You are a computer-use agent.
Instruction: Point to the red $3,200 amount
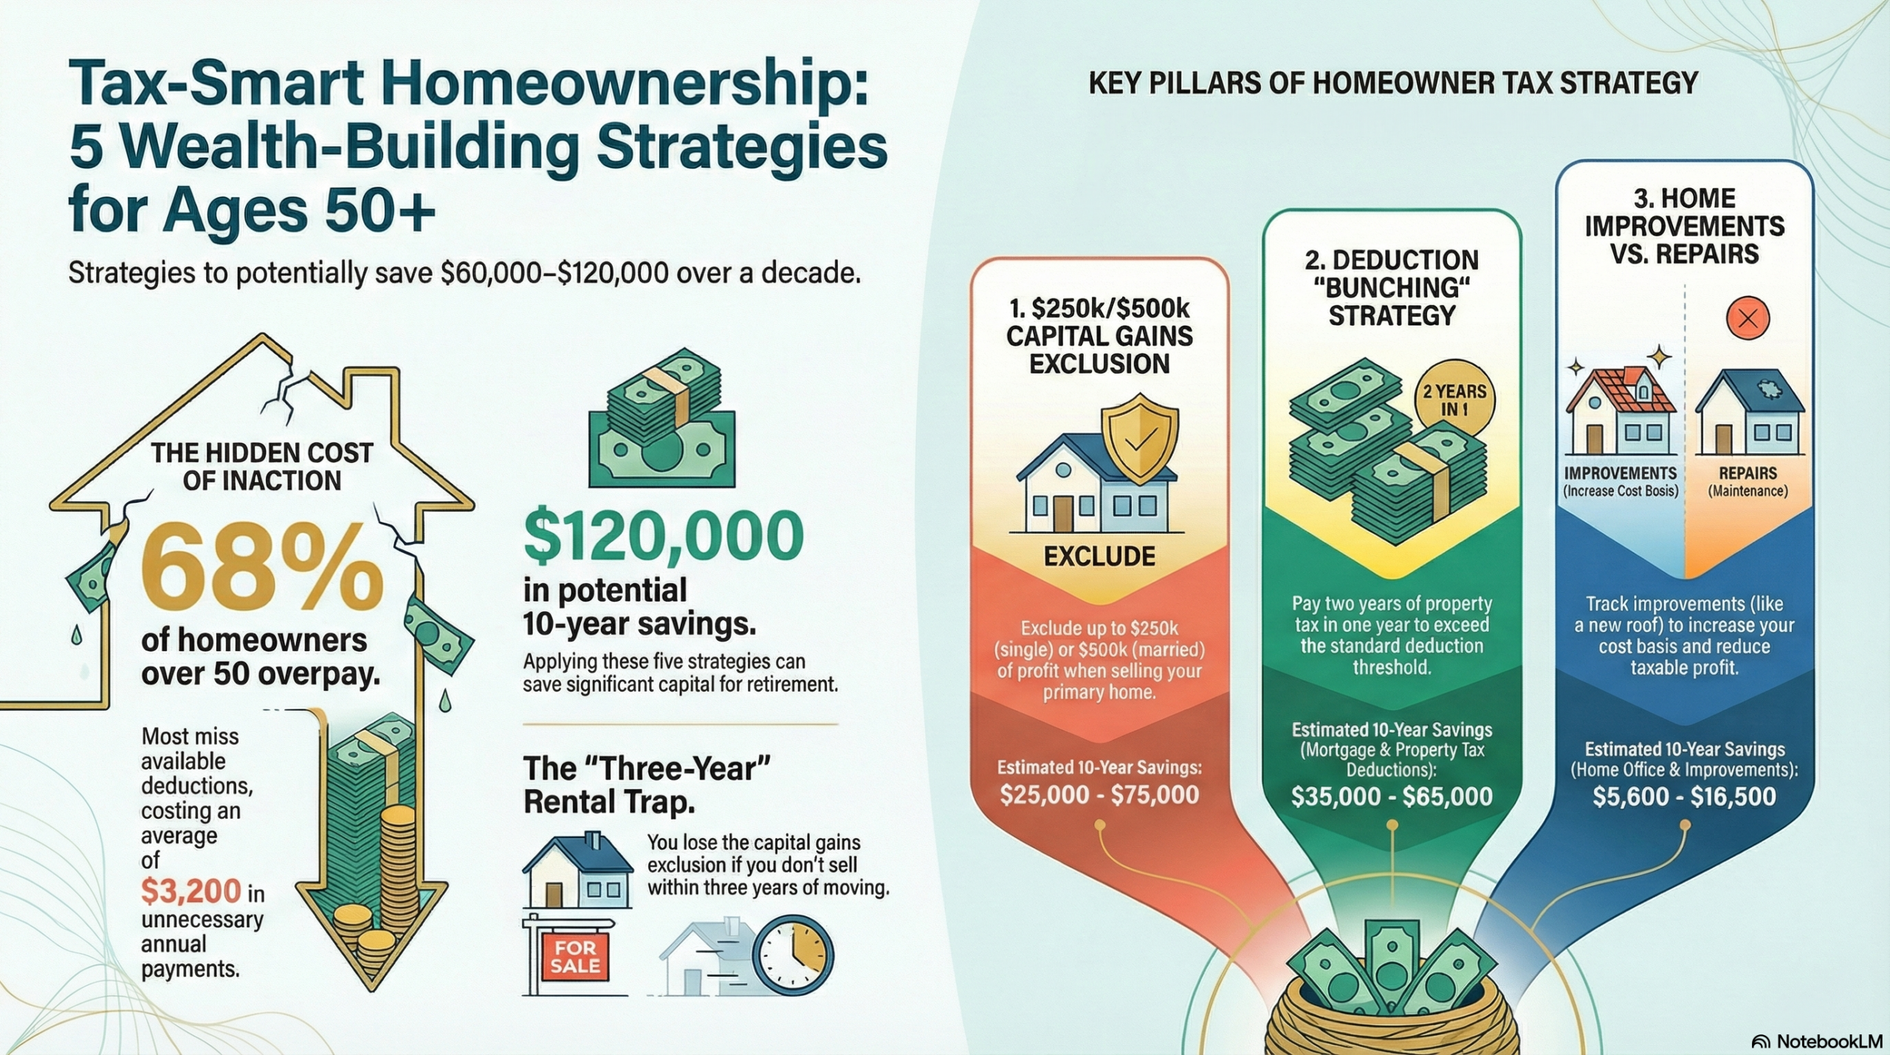tap(191, 892)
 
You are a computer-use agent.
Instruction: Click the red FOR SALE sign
tap(575, 958)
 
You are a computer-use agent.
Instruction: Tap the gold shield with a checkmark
tap(1139, 438)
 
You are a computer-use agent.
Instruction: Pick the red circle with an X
tap(1748, 319)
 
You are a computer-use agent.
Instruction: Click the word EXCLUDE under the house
tap(1099, 557)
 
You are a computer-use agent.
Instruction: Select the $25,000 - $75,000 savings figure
tap(1099, 794)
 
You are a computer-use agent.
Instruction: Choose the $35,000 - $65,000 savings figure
tap(1392, 797)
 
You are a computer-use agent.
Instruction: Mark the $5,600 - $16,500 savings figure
tap(1684, 797)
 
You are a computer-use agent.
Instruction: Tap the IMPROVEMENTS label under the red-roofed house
tap(1620, 473)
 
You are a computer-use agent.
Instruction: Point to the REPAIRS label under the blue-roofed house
tap(1748, 473)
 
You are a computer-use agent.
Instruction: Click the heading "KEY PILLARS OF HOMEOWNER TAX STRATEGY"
tap(1393, 83)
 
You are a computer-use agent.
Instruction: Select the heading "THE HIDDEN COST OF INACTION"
tap(262, 467)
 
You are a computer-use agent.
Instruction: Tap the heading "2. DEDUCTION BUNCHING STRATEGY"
tap(1392, 288)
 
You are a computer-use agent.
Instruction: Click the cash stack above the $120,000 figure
tap(662, 421)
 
